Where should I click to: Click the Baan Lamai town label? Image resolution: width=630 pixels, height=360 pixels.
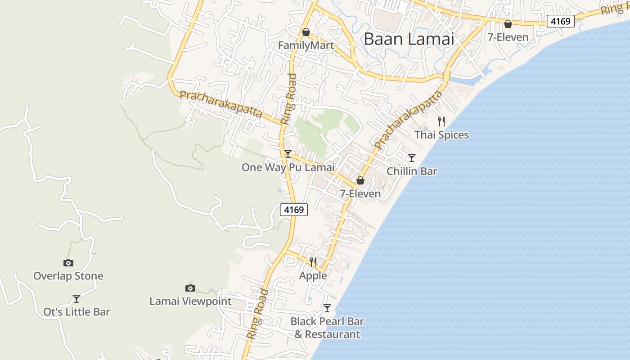click(x=409, y=39)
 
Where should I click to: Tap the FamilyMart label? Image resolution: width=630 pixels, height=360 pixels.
click(x=306, y=45)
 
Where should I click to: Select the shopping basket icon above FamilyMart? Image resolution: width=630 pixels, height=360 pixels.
click(x=306, y=32)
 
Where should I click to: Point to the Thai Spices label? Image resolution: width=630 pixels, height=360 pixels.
click(x=441, y=135)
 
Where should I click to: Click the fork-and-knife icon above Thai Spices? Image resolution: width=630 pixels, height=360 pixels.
click(x=441, y=121)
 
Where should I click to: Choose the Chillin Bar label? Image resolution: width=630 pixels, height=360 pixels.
click(x=412, y=171)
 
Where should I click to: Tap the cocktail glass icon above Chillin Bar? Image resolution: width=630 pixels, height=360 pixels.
click(x=412, y=158)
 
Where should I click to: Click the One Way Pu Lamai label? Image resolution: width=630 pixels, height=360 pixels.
click(x=288, y=167)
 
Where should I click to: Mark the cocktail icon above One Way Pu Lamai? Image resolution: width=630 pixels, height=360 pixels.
click(x=288, y=154)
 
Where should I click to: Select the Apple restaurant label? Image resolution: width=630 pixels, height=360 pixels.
click(x=313, y=275)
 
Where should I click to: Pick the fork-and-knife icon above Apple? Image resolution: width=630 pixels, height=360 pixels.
click(x=313, y=262)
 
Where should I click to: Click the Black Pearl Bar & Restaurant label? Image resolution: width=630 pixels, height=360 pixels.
click(x=327, y=328)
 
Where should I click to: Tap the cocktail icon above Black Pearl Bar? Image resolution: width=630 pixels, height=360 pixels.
click(x=327, y=308)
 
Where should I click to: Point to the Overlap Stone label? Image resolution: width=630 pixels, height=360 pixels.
click(x=68, y=276)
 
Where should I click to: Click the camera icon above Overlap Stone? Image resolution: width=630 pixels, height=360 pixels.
click(x=68, y=263)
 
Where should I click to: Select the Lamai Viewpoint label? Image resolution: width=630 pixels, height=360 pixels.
click(x=190, y=301)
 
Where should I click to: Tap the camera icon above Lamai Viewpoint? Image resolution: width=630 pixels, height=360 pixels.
click(x=190, y=288)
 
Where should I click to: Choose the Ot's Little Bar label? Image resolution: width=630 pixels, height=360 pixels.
click(x=76, y=312)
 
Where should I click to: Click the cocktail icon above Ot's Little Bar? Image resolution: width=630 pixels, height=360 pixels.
click(x=76, y=299)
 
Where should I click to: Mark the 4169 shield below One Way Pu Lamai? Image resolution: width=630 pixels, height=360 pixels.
click(x=294, y=209)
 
